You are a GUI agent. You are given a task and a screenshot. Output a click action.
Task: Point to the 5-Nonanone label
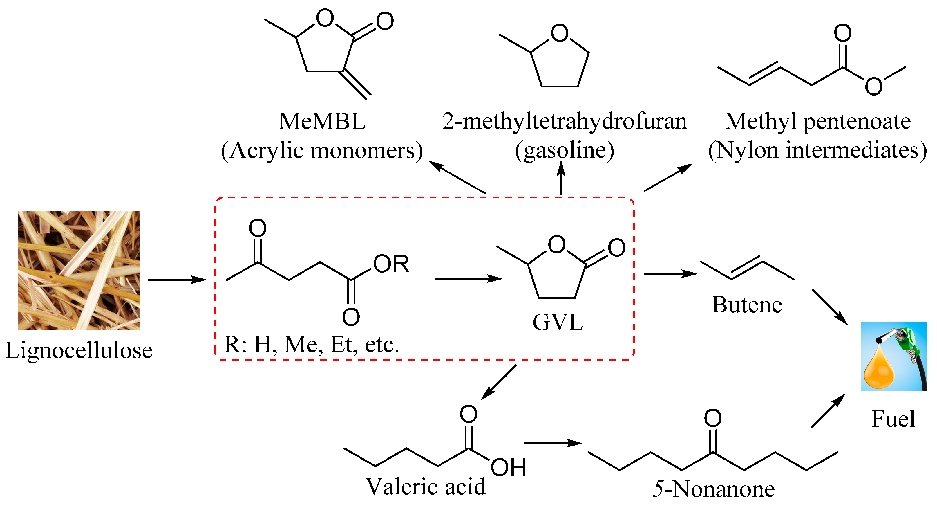pyautogui.click(x=713, y=489)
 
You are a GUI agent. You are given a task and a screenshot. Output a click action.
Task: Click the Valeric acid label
pyautogui.click(x=425, y=487)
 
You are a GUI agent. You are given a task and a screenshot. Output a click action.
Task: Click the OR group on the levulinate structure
pyautogui.click(x=391, y=264)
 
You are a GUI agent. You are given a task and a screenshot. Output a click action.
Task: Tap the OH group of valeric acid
pyautogui.click(x=508, y=468)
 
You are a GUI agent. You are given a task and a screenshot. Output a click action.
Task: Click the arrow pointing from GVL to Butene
pyautogui.click(x=670, y=274)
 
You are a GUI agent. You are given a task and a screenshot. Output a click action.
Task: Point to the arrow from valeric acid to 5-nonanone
pyautogui.click(x=553, y=443)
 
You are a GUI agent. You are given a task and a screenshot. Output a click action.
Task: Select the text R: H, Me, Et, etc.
pyautogui.click(x=312, y=344)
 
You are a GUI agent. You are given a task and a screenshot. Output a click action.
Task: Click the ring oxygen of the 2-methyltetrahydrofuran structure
pyautogui.click(x=559, y=33)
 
